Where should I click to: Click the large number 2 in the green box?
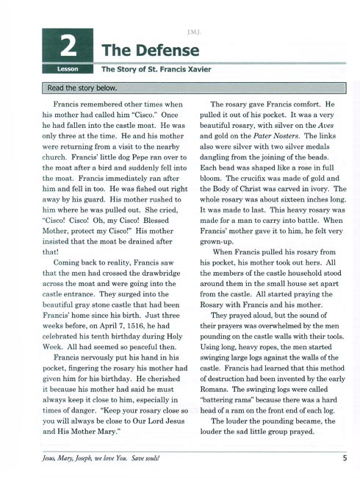click(x=67, y=45)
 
